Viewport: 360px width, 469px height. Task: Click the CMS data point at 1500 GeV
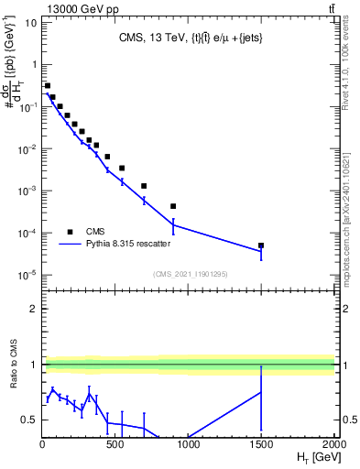click(x=261, y=245)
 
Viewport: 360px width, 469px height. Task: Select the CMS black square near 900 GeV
click(x=173, y=206)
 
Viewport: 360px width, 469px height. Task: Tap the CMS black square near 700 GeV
click(x=144, y=186)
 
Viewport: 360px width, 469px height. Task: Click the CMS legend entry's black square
click(x=70, y=232)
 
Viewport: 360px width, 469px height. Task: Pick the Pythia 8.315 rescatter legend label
click(x=129, y=245)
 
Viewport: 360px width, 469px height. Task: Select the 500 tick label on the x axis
click(x=115, y=446)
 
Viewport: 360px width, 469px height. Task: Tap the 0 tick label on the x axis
click(x=42, y=446)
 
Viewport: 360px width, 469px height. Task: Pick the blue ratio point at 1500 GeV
click(x=261, y=392)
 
